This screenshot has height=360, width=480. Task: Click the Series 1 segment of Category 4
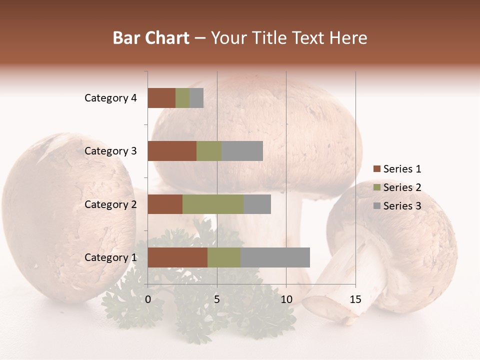tap(161, 98)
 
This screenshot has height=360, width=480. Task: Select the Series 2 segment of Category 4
tap(182, 98)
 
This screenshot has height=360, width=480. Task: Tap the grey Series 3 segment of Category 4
tap(196, 98)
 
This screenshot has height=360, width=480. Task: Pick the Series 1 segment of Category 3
tap(172, 151)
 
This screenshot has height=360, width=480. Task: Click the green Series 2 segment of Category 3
tap(209, 151)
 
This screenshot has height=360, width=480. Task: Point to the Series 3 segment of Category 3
tap(242, 151)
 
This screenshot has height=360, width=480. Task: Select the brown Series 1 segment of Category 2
tap(165, 204)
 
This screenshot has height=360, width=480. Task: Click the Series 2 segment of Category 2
tap(213, 204)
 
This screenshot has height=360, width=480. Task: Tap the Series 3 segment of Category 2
tap(257, 204)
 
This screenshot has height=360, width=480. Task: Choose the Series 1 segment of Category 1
tap(177, 257)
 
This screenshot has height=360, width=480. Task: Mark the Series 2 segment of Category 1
tap(224, 257)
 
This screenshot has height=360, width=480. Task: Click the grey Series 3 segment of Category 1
tap(275, 257)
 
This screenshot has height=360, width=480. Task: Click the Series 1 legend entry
tap(397, 169)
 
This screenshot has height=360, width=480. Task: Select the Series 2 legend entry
tap(397, 187)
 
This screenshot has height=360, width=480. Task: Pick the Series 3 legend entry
tap(397, 206)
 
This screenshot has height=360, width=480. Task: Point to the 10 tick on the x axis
tap(286, 299)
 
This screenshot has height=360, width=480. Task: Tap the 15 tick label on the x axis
tap(355, 299)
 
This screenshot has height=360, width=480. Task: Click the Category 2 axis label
tap(110, 204)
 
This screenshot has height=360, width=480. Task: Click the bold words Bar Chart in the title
tap(151, 38)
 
